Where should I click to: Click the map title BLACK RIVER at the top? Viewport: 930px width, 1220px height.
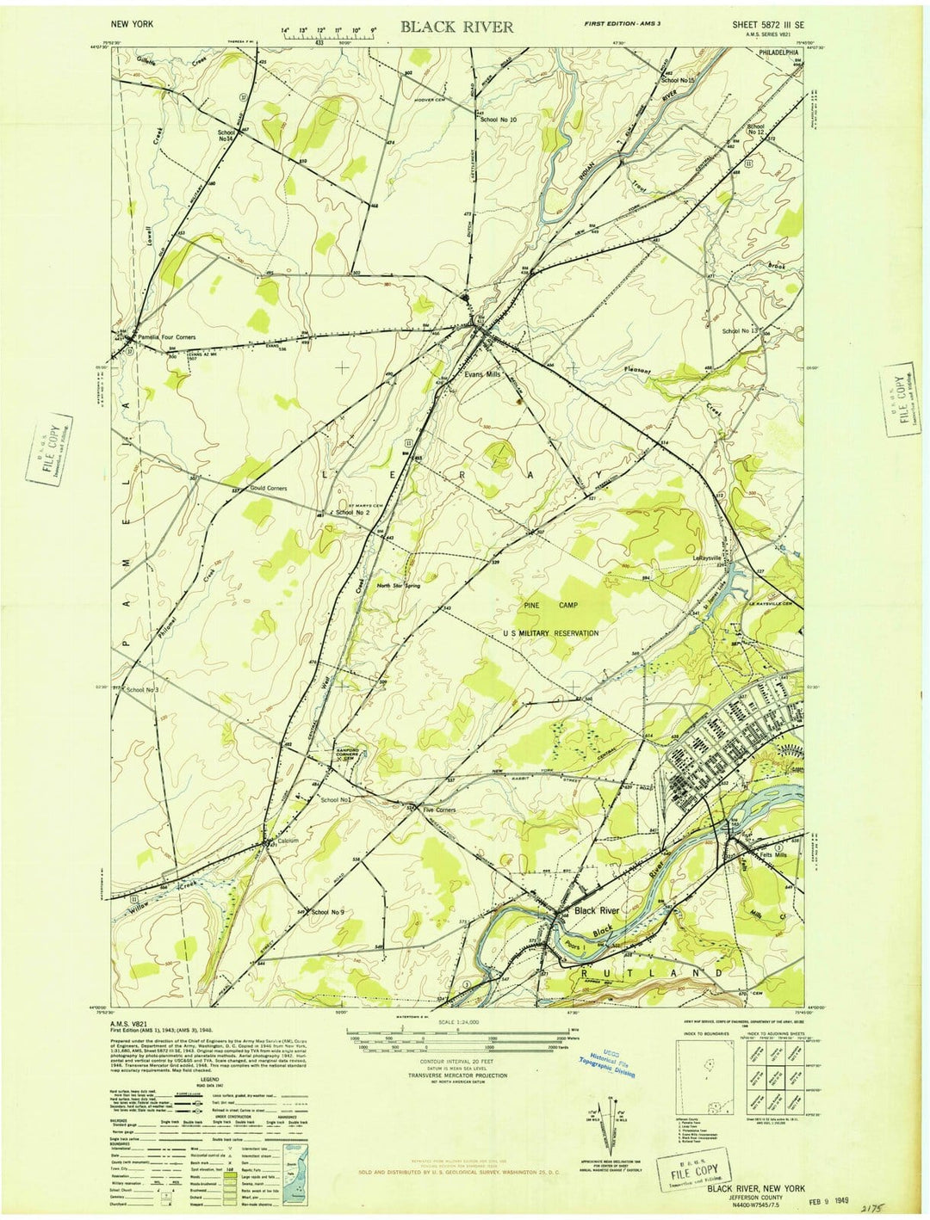(456, 27)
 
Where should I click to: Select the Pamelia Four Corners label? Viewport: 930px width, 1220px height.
(166, 337)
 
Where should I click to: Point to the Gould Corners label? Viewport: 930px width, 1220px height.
(268, 488)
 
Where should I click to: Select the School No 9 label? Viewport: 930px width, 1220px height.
(327, 912)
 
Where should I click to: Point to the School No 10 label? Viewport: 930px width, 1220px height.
(499, 119)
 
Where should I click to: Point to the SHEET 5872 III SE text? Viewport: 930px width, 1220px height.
(768, 26)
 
